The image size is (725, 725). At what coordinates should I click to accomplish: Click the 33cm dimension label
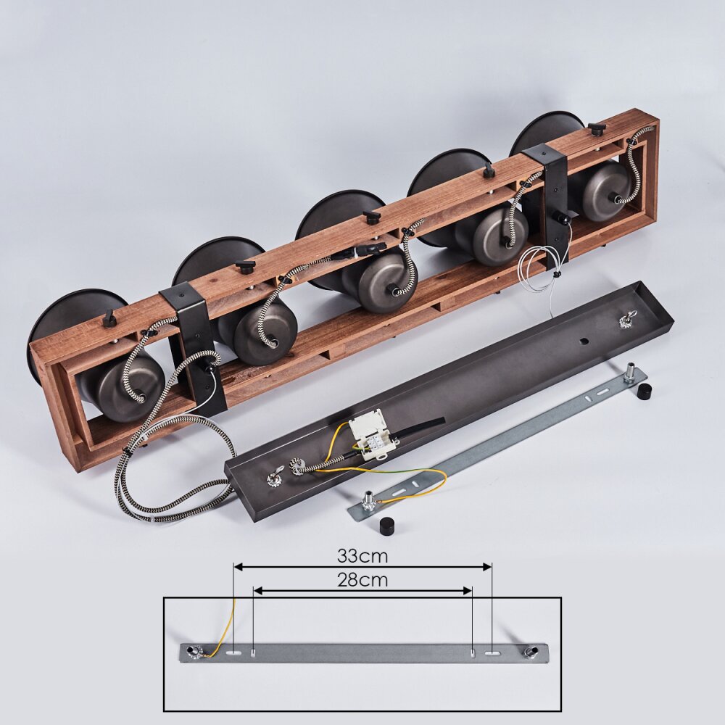(x=362, y=556)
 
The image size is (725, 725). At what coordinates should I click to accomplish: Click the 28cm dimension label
(x=362, y=579)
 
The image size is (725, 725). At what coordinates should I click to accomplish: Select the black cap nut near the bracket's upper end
(x=642, y=391)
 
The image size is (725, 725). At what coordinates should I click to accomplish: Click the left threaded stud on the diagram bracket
(x=191, y=652)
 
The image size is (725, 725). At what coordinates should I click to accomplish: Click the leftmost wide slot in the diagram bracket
(x=234, y=653)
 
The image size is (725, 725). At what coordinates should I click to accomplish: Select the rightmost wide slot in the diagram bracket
(x=492, y=653)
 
